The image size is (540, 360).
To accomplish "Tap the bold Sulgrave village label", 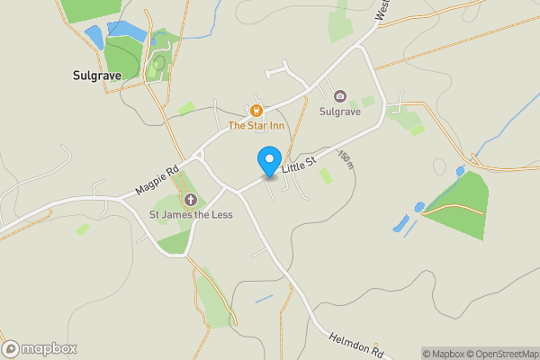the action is tap(96, 76).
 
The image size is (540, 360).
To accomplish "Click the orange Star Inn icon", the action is tap(256, 111).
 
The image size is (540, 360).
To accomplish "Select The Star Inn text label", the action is tap(256, 126).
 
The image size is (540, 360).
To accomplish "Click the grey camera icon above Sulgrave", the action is tap(340, 96).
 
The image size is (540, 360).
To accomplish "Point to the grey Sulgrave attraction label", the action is tap(340, 112).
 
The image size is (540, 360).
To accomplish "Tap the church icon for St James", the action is tap(191, 199).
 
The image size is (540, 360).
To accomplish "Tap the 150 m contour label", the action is tap(346, 160).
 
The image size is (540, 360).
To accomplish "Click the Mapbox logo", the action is tap(40, 348).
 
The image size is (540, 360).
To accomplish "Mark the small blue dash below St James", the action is tap(263, 299).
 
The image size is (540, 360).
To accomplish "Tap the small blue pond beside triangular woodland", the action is tap(418, 207).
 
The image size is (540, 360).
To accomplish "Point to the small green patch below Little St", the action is tap(325, 175).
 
